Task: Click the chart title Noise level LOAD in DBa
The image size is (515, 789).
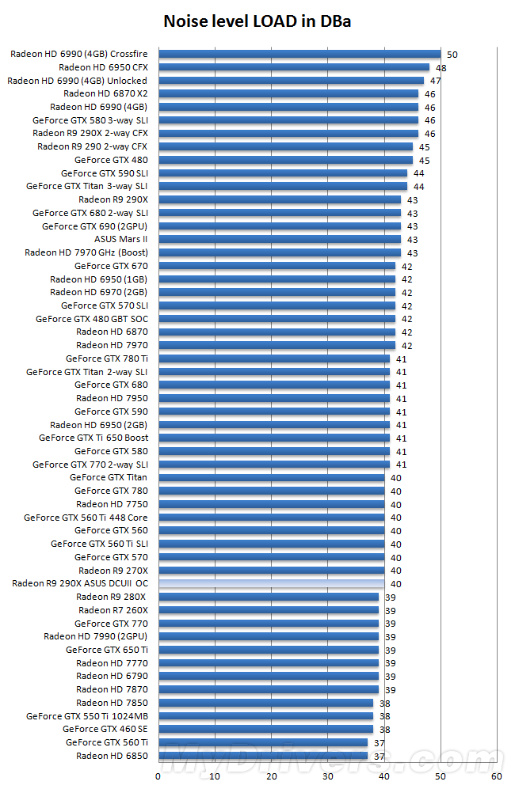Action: pos(257,21)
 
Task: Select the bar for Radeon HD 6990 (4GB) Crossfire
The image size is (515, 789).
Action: pos(299,54)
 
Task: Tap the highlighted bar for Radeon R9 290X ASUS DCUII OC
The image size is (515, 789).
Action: pos(271,583)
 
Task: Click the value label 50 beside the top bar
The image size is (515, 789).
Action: pos(452,55)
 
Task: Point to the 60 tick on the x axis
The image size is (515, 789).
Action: pos(497,776)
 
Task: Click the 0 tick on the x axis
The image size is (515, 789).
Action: pos(158,776)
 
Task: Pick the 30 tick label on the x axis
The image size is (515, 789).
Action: pos(328,776)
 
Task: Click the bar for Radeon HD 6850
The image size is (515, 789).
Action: pos(263,756)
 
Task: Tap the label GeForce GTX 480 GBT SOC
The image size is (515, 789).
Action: pos(92,319)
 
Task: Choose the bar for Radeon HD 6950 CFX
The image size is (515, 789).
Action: pos(294,67)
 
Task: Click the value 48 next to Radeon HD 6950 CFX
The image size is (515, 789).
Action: pos(441,68)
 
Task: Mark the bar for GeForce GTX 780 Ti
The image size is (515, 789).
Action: pos(274,358)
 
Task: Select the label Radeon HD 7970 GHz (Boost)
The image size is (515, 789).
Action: pos(86,252)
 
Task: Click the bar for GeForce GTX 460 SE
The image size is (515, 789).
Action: pos(265,729)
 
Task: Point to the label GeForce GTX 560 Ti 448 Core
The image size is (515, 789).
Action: pos(86,518)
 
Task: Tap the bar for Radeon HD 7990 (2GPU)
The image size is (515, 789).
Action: pos(269,636)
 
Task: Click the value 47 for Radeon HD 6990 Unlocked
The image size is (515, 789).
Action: pos(435,81)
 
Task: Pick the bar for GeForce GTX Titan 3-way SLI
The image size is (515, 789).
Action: pos(283,186)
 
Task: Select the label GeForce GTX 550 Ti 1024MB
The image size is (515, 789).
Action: pos(87,716)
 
